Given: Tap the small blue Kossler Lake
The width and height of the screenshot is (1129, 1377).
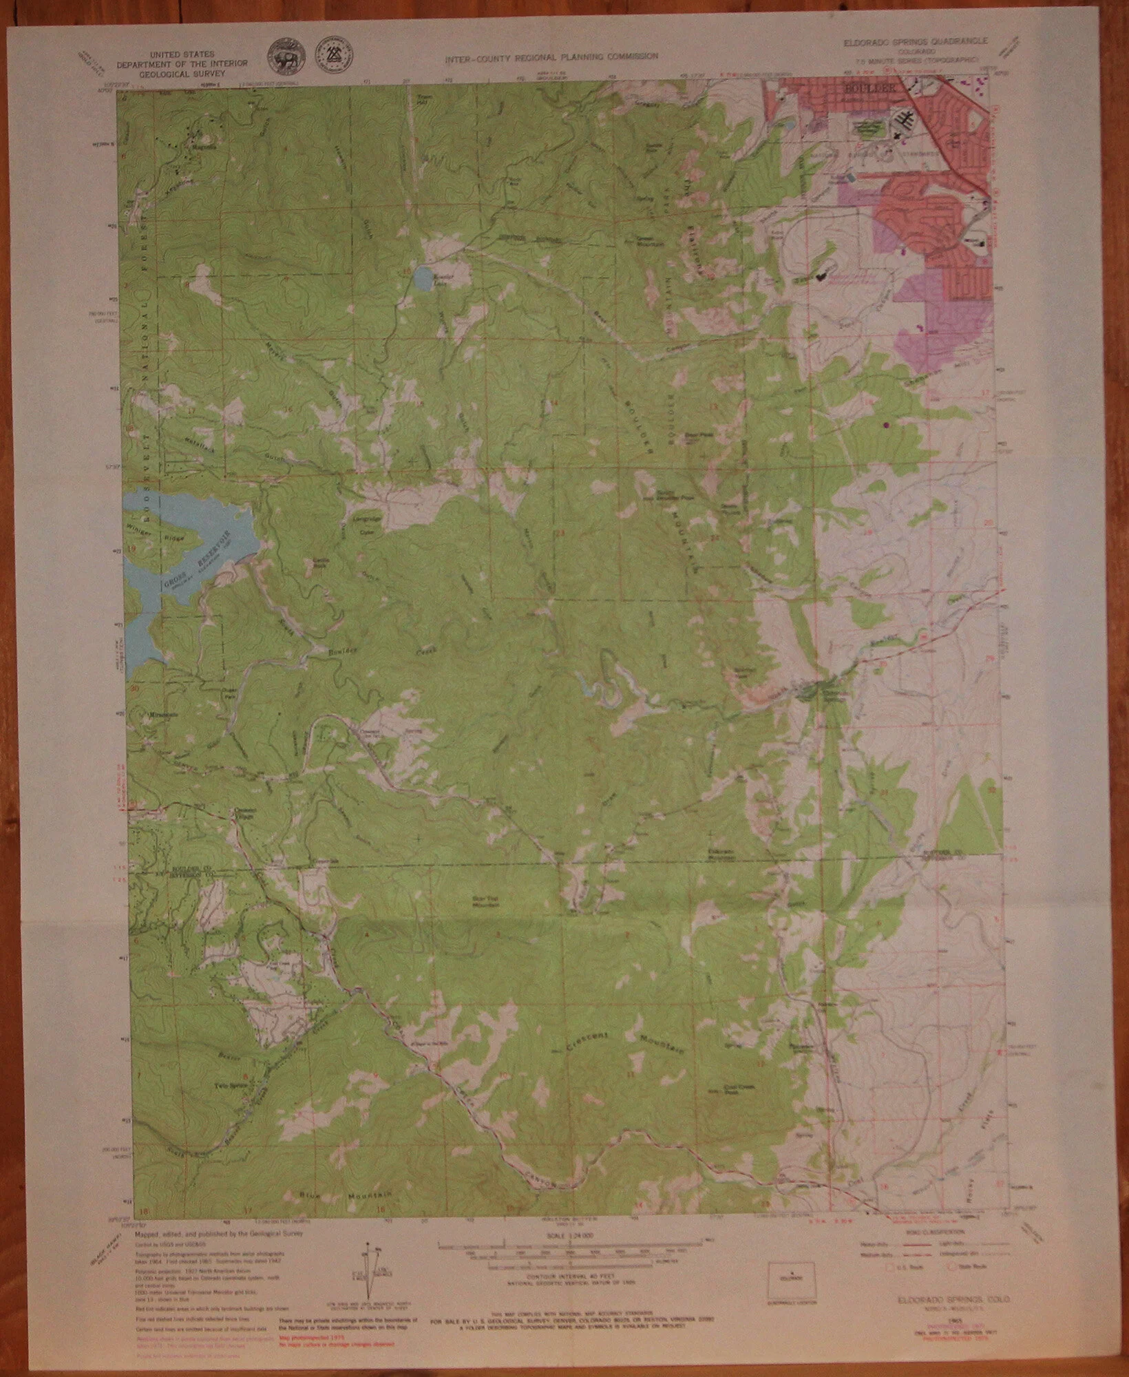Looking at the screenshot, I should [419, 279].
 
